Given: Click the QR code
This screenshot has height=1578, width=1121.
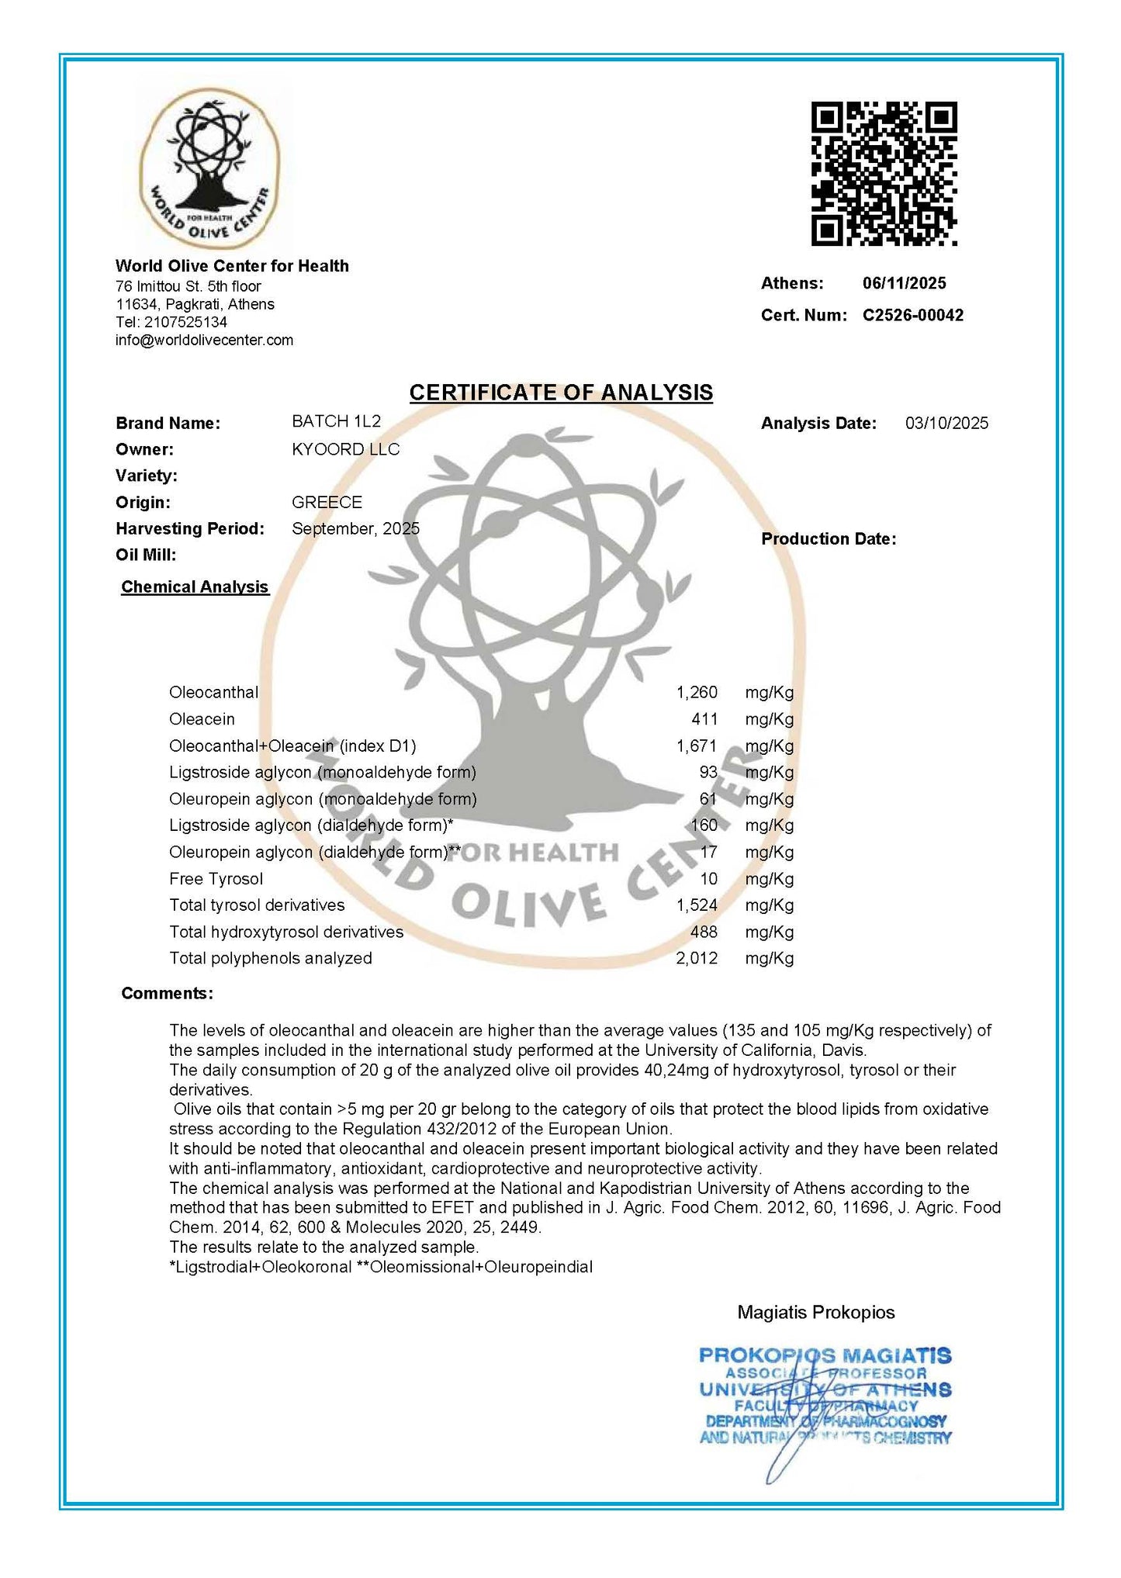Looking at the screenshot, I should [x=884, y=174].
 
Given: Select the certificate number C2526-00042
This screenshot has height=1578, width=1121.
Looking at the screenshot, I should [x=912, y=315].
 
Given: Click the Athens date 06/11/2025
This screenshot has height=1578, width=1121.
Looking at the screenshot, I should [x=904, y=283].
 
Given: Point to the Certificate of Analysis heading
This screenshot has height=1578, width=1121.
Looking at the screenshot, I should [x=561, y=393].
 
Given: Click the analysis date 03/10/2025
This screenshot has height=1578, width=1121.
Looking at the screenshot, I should [x=946, y=423].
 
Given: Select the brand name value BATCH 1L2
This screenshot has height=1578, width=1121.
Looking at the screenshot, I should [x=336, y=421].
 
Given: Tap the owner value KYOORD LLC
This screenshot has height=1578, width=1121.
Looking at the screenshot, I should [x=345, y=449].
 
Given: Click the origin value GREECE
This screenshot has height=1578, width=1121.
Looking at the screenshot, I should [x=327, y=502].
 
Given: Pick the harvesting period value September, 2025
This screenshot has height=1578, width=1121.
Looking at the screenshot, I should [x=355, y=528].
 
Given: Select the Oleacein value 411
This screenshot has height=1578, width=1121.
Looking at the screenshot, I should [x=704, y=719].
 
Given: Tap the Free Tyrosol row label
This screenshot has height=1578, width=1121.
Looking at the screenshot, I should [x=216, y=879].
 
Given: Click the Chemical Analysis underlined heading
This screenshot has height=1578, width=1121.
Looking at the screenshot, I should [x=195, y=587].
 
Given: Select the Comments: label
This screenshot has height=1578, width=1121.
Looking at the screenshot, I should [x=167, y=994].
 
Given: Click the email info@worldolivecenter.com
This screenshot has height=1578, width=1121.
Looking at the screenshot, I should [x=204, y=340].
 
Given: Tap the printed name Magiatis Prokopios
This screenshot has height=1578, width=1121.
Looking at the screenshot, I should [x=815, y=1312].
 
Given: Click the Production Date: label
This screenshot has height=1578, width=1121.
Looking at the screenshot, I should [x=828, y=539].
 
